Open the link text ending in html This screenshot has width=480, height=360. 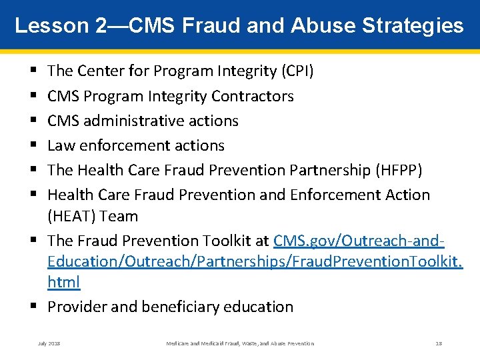tap(64, 282)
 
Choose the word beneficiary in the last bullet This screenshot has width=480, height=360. tap(182, 307)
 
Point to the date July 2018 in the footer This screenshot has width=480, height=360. tap(49, 343)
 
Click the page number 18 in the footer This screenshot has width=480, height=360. tap(439, 343)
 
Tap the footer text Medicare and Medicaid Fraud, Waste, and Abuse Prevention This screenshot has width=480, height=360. tap(240, 343)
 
